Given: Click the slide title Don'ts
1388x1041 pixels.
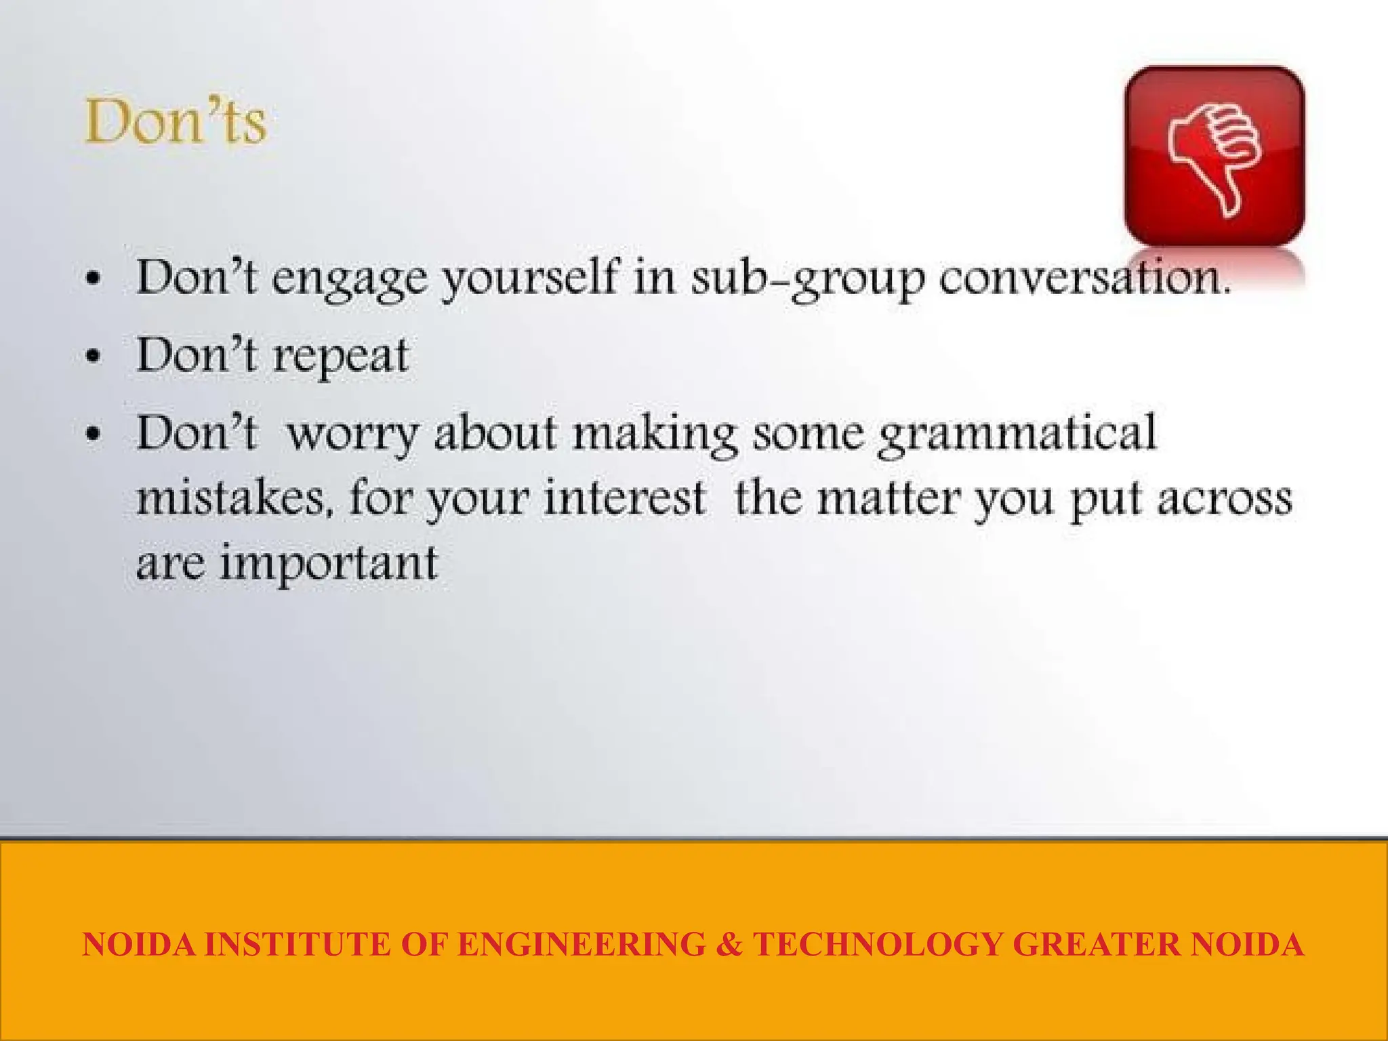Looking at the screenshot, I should tap(176, 122).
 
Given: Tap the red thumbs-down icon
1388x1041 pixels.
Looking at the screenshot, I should tap(1214, 156).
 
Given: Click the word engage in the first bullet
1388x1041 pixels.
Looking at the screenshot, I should tap(350, 279).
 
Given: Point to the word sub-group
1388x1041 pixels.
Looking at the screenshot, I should tap(807, 279).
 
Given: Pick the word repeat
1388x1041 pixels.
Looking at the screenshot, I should tap(340, 356).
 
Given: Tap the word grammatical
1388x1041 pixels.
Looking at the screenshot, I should tap(1017, 434).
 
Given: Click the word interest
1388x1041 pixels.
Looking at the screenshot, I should tap(624, 499).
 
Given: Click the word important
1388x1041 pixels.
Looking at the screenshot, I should tap(329, 564).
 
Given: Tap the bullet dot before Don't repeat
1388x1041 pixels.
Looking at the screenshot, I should tap(94, 356).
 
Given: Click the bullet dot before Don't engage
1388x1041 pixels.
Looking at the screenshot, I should tap(94, 279).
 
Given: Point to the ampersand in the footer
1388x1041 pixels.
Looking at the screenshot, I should tap(729, 945).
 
